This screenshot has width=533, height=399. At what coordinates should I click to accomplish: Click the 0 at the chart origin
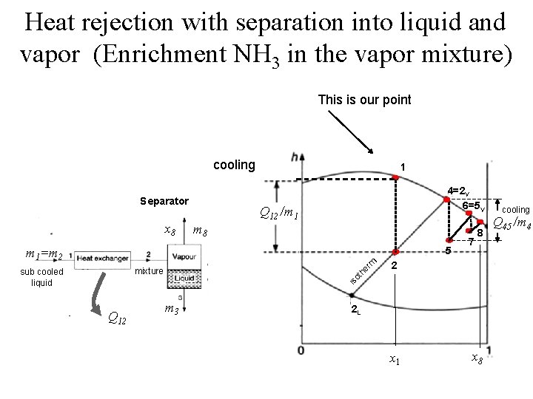tap(302, 349)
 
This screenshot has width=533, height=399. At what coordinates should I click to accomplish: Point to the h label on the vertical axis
tap(297, 157)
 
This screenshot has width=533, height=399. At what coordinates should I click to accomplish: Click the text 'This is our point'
tap(364, 99)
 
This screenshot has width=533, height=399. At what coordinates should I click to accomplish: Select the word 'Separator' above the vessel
tap(164, 201)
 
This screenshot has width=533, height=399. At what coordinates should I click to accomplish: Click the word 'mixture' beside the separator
tap(148, 272)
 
